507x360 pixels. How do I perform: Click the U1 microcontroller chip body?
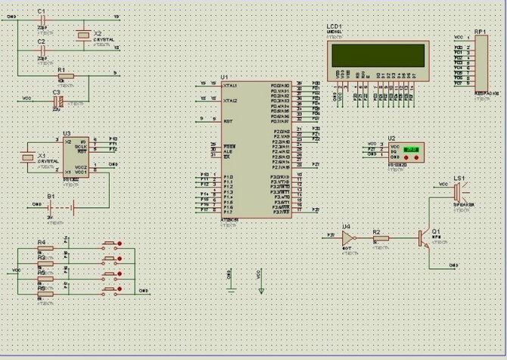(247, 151)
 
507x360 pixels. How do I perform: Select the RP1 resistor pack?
(481, 62)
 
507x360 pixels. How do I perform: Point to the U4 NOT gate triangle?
(347, 237)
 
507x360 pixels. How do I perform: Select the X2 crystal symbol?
(82, 35)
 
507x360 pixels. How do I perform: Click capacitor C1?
(41, 17)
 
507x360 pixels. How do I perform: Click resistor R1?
(65, 76)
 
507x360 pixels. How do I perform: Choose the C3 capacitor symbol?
(56, 100)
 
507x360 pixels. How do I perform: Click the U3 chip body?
(76, 157)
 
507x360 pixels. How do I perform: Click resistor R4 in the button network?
(45, 247)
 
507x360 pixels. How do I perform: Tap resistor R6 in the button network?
(45, 293)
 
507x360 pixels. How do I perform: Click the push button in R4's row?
(111, 245)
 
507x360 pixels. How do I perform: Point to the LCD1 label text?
(334, 26)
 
